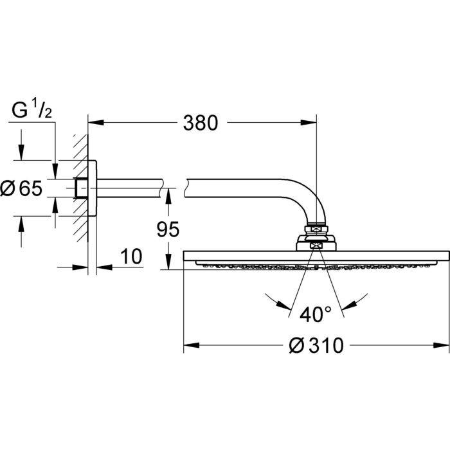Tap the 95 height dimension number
tap(166, 229)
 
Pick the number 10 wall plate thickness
tap(130, 256)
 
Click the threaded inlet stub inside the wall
tap(80, 188)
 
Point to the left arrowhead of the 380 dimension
tap(93, 121)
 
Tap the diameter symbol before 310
tap(296, 346)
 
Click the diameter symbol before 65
tap(8, 188)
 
